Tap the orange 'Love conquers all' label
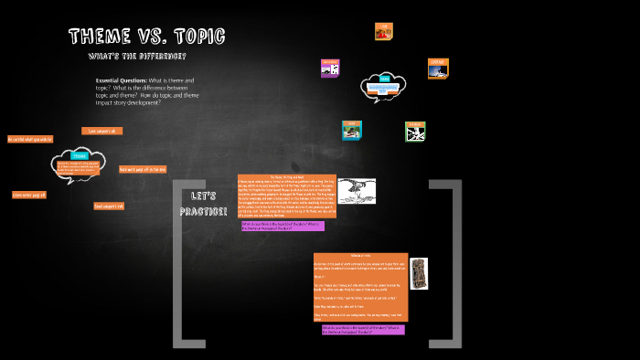click(101, 131)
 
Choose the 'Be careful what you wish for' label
click(30, 139)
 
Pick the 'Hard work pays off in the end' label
click(143, 169)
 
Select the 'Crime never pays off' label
click(29, 195)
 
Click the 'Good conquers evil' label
click(109, 206)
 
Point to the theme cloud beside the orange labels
click(79, 164)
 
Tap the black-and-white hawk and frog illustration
click(357, 191)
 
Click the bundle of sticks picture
click(419, 271)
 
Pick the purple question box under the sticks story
click(362, 329)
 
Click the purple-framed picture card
click(330, 69)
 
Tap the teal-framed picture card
click(351, 130)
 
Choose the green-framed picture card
click(415, 132)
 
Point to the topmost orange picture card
click(383, 31)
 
